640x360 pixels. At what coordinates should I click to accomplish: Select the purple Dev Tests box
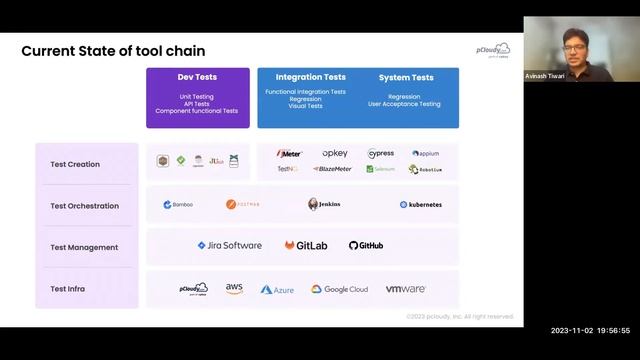(197, 97)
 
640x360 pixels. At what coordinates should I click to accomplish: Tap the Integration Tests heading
(310, 77)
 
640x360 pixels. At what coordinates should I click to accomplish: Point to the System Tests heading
(406, 77)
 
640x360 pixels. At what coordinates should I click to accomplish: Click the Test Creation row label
(75, 164)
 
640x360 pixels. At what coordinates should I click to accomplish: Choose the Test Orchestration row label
(84, 206)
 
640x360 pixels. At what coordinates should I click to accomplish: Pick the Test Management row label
(84, 247)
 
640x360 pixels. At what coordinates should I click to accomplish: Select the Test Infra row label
(67, 289)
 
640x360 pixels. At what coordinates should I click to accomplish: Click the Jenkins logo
(324, 204)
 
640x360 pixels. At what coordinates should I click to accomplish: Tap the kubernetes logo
(420, 204)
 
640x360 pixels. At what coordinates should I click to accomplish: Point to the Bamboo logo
(178, 204)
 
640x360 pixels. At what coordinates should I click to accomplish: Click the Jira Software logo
(229, 245)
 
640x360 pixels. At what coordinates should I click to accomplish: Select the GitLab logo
(305, 245)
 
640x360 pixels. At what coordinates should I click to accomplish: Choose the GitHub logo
(366, 245)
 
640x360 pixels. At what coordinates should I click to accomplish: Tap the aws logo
(234, 288)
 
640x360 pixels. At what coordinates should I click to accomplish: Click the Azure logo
(277, 289)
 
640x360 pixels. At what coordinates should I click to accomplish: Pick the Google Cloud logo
(339, 289)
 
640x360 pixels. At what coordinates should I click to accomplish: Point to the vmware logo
(406, 289)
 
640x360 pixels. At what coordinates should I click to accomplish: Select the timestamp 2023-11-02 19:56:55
(590, 329)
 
